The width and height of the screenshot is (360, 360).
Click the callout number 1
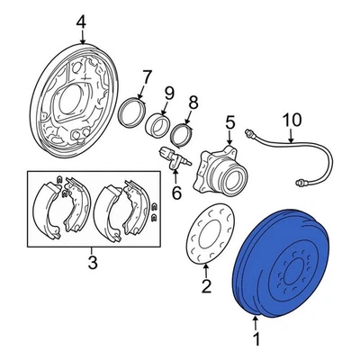(256, 340)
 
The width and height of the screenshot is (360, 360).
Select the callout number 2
(205, 287)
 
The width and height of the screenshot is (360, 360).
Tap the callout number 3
(92, 263)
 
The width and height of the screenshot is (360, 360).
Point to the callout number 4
(81, 21)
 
